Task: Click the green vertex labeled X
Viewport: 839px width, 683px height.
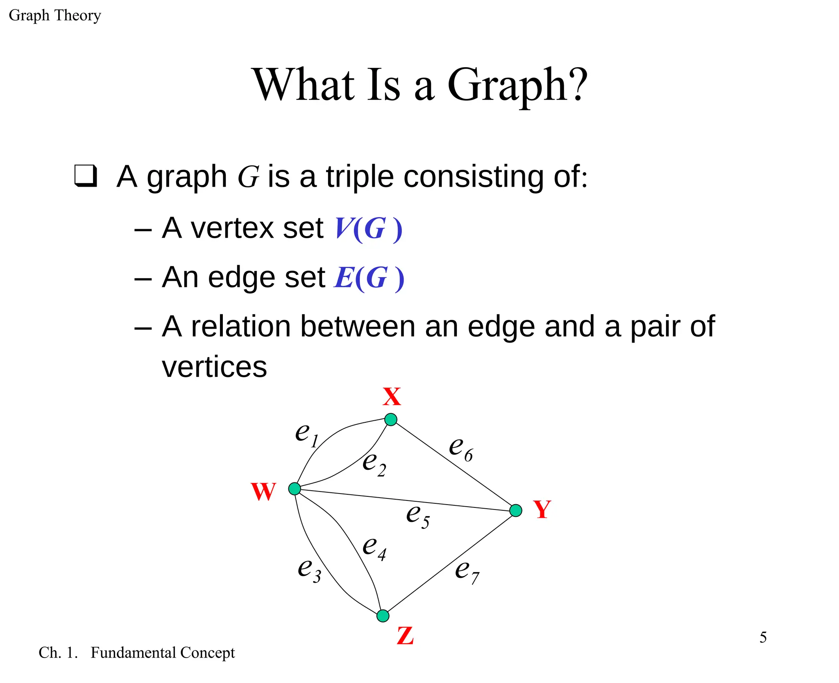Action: tap(391, 419)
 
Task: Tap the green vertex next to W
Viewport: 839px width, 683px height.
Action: tap(295, 489)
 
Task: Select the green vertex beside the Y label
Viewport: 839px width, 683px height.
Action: tap(516, 510)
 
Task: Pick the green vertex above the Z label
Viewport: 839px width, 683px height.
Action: tap(383, 615)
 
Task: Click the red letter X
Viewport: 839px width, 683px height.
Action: tap(392, 397)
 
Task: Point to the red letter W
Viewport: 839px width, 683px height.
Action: tap(263, 491)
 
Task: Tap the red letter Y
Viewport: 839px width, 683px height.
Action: tap(542, 509)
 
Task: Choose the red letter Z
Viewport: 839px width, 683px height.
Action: tap(405, 636)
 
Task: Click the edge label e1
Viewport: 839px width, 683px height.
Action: tap(307, 435)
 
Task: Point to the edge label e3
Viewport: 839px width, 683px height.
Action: tap(309, 570)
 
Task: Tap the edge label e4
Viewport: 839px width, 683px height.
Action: tap(374, 548)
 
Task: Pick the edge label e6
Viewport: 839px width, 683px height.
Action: tap(461, 449)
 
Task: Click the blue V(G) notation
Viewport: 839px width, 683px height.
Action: tap(368, 228)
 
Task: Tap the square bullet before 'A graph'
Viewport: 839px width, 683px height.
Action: tap(86, 176)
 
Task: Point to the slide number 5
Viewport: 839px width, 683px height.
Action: tap(763, 637)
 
